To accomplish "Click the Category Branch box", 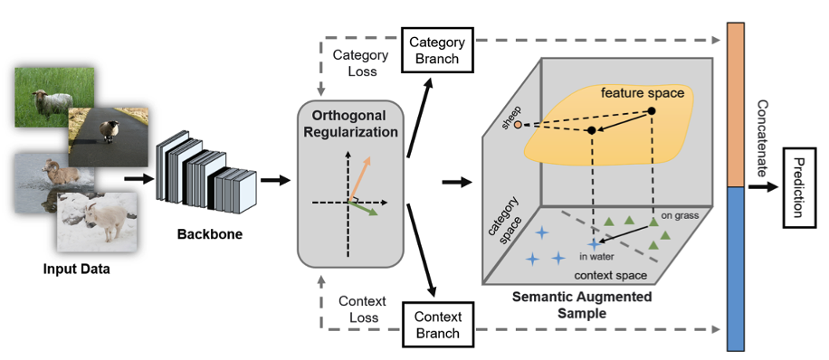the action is [437, 51].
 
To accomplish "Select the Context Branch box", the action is [437, 325].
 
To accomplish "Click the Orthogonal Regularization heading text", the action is [350, 124].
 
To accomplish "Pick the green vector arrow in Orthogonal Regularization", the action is [363, 208].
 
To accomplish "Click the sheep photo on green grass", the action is [54, 97].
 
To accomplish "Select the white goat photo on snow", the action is [97, 221].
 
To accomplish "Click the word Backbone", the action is [210, 234].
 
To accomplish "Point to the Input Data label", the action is [77, 269].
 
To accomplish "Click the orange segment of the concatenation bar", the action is [736, 105].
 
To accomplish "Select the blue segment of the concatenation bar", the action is [736, 269].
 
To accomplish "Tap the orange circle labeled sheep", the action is [518, 125].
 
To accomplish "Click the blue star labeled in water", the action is [595, 243].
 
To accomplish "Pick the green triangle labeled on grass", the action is [653, 223].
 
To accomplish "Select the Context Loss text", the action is [363, 309].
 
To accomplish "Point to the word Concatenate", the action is [762, 139].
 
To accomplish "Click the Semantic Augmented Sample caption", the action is [582, 305].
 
